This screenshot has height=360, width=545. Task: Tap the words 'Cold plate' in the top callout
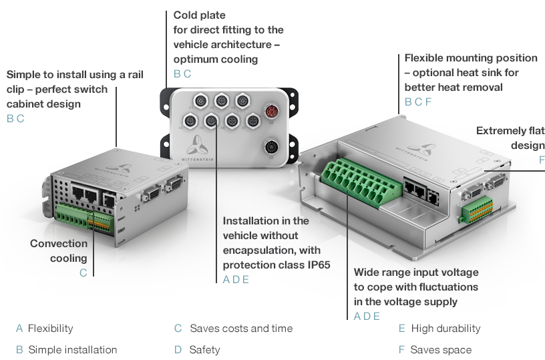(200, 15)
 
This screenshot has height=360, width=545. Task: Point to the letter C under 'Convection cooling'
(83, 273)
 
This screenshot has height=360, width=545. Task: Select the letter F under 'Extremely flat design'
(541, 160)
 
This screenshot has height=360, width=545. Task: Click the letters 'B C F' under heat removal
(418, 102)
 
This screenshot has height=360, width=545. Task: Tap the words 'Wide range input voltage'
(415, 273)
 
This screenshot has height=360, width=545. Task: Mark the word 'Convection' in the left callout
(59, 244)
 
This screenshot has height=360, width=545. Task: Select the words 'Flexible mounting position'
(471, 58)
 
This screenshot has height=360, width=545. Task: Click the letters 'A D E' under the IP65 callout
(236, 279)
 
